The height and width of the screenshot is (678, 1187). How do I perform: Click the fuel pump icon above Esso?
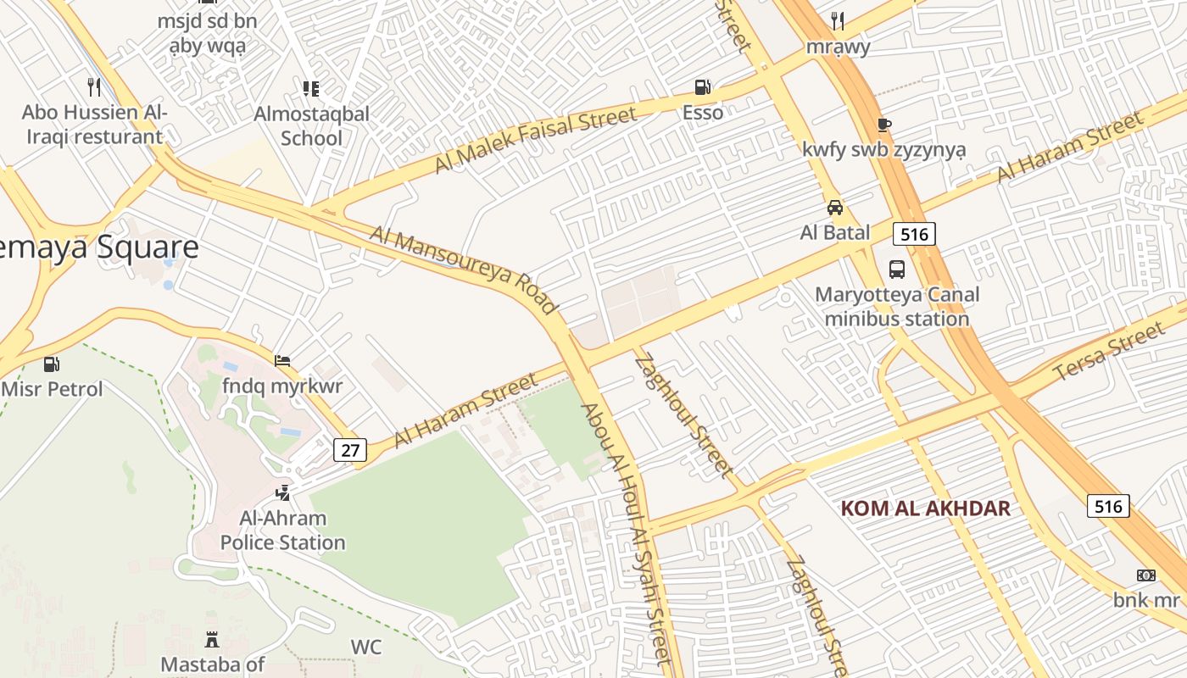tap(702, 87)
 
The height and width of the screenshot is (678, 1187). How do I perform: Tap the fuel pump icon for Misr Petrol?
tap(52, 364)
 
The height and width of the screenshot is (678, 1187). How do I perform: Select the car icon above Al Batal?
tap(835, 208)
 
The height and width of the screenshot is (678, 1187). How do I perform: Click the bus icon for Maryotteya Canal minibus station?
tap(897, 270)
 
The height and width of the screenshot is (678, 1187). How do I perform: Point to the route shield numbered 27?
tap(351, 450)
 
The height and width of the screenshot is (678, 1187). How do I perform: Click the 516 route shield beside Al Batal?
tap(914, 233)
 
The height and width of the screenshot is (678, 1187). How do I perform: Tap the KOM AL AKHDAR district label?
tap(925, 508)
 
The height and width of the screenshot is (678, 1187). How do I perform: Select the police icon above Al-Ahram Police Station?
tap(282, 492)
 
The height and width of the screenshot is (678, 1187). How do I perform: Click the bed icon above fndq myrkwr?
tap(282, 361)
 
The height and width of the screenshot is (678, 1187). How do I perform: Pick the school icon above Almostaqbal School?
tap(311, 88)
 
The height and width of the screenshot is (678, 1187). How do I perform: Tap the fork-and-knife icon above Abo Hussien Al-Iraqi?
tap(94, 86)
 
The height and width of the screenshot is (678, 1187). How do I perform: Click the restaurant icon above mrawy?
tap(838, 20)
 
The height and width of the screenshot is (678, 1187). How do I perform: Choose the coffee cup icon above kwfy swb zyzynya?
tap(884, 125)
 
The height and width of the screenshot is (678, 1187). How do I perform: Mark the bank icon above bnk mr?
tap(1146, 575)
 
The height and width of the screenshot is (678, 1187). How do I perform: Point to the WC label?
tap(366, 647)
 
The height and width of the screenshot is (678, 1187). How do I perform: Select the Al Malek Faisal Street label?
tap(535, 139)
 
